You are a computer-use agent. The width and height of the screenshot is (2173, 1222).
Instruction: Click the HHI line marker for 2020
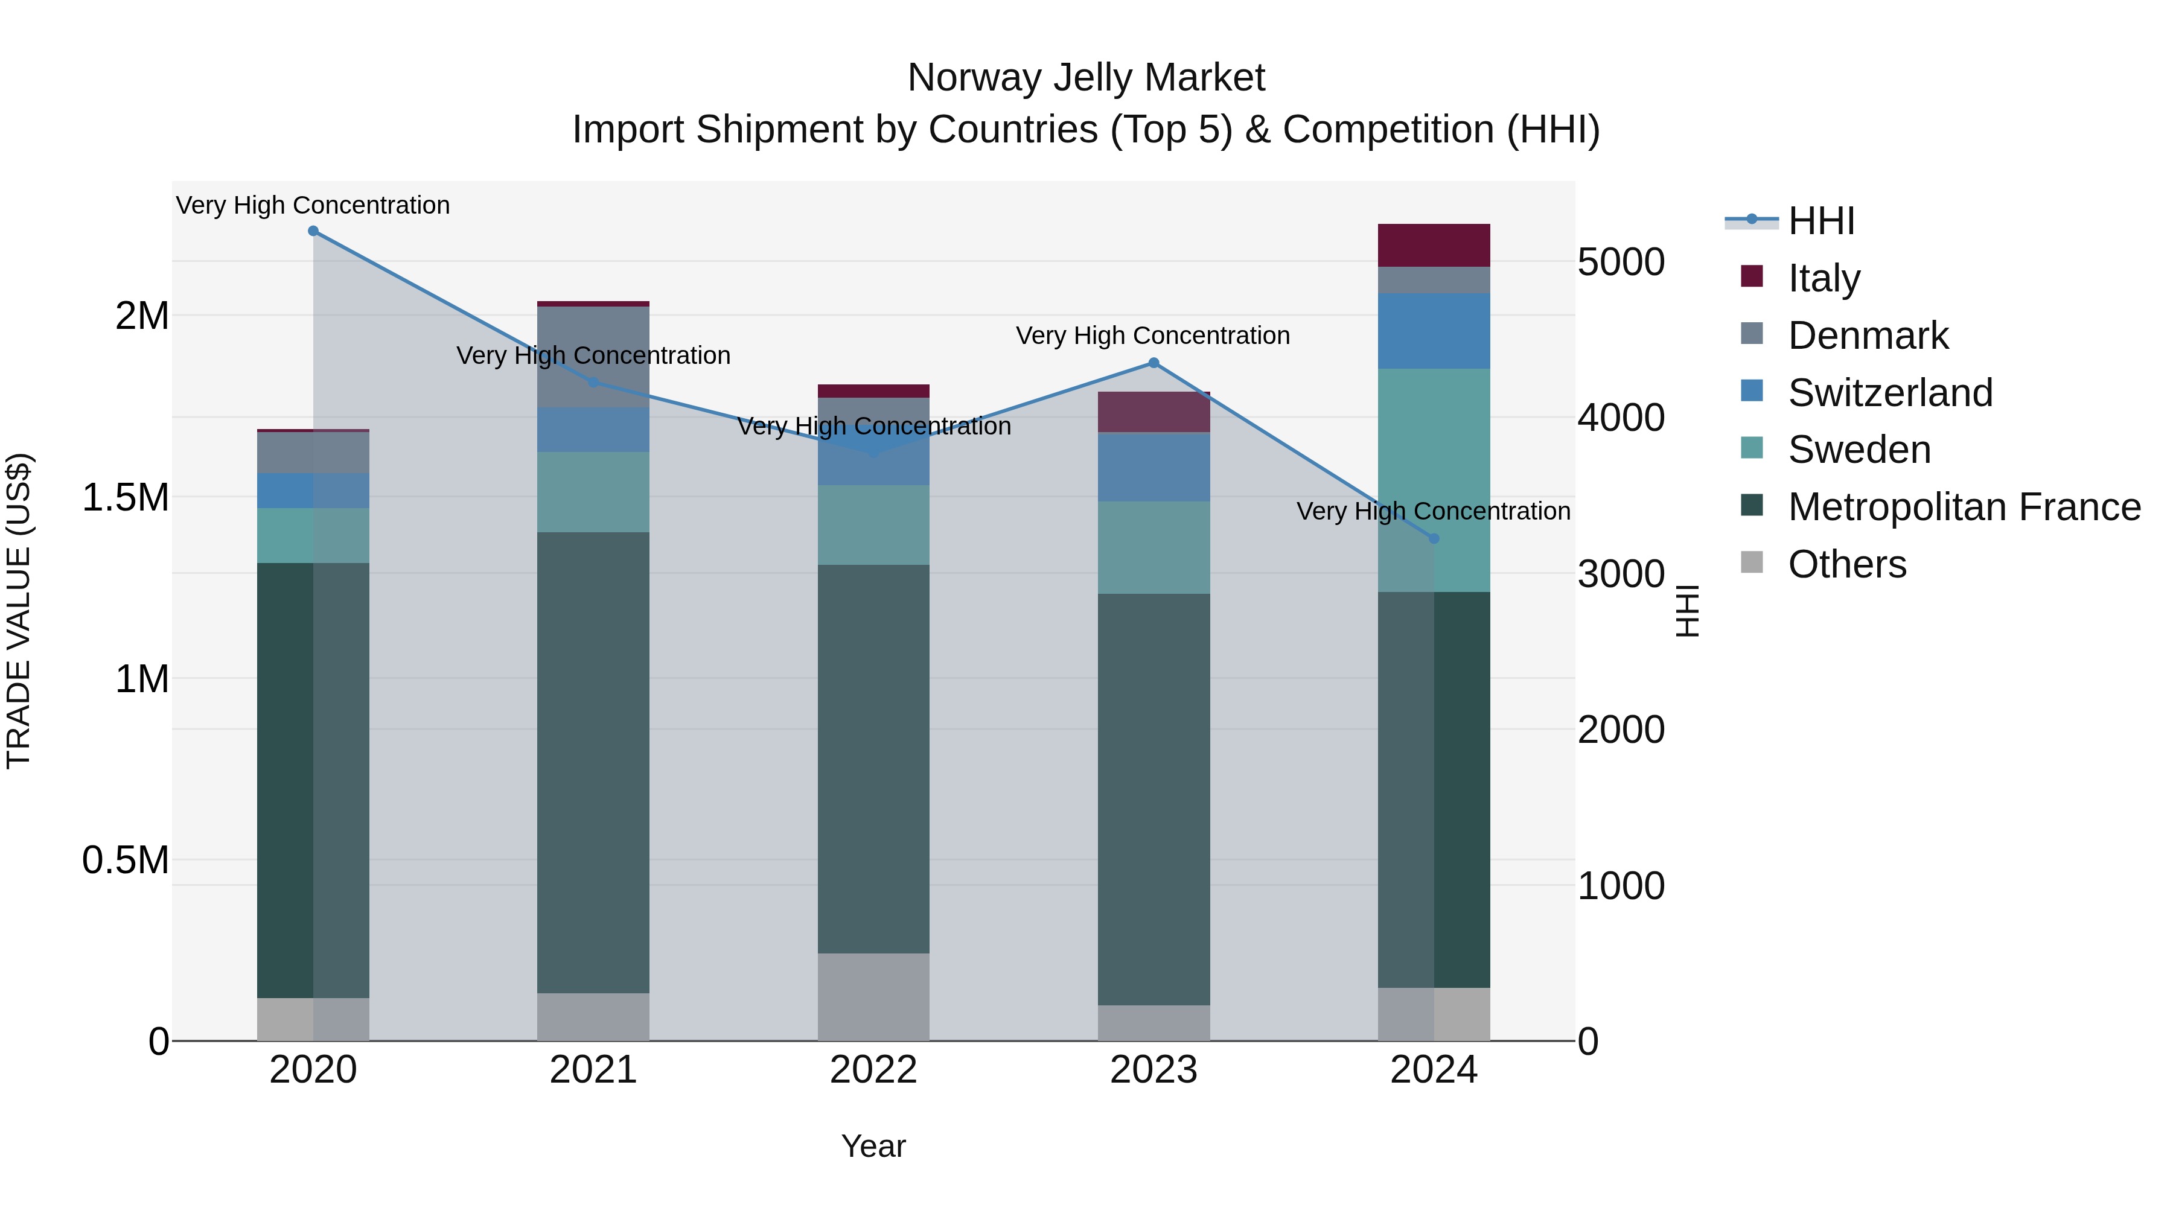coord(313,231)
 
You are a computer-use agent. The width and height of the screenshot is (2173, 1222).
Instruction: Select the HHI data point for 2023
coord(1154,363)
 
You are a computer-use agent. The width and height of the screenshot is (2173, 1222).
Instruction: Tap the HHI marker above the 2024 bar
coord(1434,539)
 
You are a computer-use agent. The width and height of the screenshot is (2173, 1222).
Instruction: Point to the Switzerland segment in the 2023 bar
coord(1154,467)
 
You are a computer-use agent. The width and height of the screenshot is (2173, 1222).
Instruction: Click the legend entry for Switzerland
coord(1889,393)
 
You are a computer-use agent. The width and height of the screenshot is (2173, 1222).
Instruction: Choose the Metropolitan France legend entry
coord(1964,507)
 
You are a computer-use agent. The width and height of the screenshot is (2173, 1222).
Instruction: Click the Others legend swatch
coord(1752,562)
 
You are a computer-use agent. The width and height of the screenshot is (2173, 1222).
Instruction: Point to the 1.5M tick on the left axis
coord(126,498)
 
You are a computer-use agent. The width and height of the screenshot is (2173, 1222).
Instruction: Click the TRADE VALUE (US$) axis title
coord(19,611)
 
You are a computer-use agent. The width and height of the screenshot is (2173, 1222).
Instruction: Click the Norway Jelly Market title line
coord(1086,78)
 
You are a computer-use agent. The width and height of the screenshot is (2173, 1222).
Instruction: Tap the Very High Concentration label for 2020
coord(313,205)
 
